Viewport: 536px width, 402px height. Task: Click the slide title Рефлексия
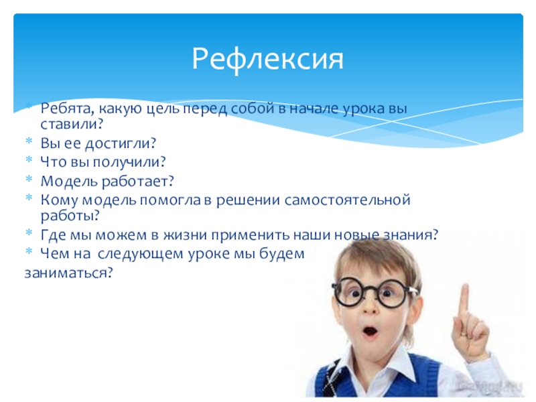267,59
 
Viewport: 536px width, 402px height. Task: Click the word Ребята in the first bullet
68,109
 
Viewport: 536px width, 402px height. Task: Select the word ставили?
72,124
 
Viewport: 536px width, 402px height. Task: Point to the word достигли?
121,143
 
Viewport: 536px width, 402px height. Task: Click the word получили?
129,162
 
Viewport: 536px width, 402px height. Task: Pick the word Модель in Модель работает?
69,181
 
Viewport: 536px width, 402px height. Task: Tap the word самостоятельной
347,200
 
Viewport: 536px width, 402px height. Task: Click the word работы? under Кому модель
70,216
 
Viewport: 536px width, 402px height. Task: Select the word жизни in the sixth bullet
185,235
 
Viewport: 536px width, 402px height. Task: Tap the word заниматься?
68,273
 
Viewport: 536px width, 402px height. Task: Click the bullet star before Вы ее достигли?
29,140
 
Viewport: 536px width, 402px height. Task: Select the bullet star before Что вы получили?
29,159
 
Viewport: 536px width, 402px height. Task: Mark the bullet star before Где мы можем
29,232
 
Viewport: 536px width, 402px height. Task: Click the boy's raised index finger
464,304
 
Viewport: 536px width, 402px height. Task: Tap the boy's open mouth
370,332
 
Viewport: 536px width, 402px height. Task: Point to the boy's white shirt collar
379,366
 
